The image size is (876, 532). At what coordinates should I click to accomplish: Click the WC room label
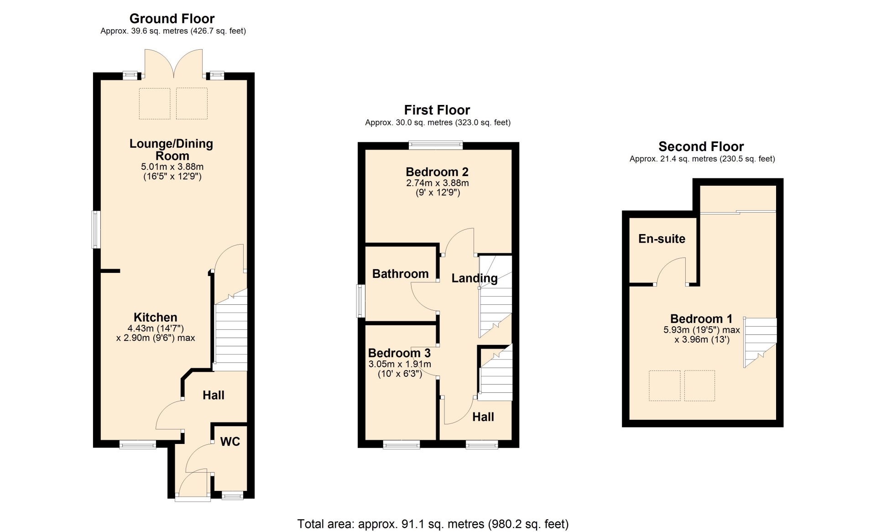(230, 442)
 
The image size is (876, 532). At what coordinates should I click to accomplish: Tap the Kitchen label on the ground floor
(156, 318)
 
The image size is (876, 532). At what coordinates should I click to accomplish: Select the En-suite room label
(662, 239)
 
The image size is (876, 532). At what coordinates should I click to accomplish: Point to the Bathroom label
(401, 274)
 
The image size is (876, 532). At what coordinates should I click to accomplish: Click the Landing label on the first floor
(474, 278)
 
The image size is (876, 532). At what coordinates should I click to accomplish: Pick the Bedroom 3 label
(399, 353)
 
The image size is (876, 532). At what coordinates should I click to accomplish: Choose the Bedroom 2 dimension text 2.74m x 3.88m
(438, 183)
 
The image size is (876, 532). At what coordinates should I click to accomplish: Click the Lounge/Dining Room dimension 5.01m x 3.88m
(172, 167)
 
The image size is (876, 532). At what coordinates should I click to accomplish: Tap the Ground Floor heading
(172, 19)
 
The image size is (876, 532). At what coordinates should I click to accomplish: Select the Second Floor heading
(701, 146)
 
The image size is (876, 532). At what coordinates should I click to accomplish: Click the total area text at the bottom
(433, 524)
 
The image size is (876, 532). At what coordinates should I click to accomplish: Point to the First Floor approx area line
(438, 123)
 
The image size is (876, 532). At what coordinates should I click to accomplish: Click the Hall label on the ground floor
(214, 395)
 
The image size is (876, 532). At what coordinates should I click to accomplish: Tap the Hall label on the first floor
(483, 417)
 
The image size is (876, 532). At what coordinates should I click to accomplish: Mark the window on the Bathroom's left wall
(361, 301)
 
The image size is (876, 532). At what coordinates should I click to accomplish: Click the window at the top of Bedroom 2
(436, 146)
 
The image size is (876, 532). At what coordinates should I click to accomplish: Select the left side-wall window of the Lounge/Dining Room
(96, 229)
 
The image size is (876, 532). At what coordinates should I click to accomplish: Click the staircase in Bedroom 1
(760, 342)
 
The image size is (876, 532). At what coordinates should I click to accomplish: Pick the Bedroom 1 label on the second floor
(701, 318)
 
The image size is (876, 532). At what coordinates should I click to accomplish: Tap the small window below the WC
(232, 495)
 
